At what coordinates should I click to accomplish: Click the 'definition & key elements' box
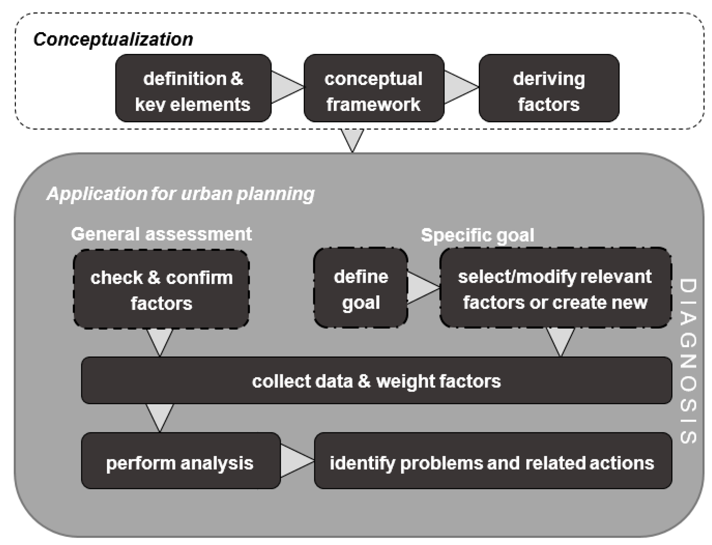pyautogui.click(x=193, y=88)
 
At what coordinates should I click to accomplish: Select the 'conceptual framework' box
pyautogui.click(x=374, y=88)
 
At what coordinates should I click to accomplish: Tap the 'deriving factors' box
pyautogui.click(x=548, y=88)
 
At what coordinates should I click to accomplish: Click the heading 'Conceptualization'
pyautogui.click(x=113, y=39)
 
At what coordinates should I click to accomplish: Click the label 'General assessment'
pyautogui.click(x=161, y=234)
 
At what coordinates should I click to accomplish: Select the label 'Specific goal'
pyautogui.click(x=477, y=235)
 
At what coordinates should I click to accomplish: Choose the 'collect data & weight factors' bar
pyautogui.click(x=376, y=380)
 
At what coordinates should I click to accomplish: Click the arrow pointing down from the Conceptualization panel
pyautogui.click(x=352, y=138)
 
